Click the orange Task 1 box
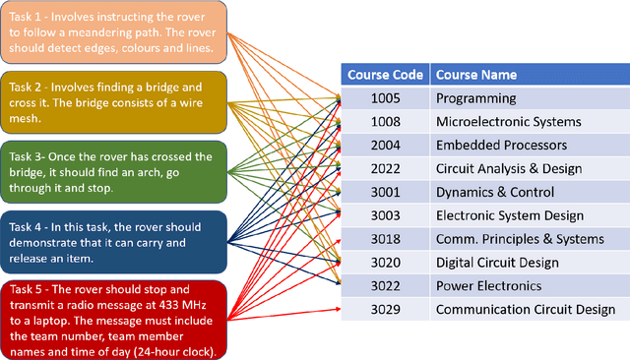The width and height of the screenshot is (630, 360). pos(114,32)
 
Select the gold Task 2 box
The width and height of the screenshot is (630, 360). pos(114,102)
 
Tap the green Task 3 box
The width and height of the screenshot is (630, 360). pos(114,172)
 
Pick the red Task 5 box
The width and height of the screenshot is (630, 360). pos(114,319)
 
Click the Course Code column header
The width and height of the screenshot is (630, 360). pos(386,75)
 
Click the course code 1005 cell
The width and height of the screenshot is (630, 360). pos(386,98)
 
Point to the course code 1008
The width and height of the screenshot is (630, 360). pos(386,122)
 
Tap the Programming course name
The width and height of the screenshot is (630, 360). pos(476,98)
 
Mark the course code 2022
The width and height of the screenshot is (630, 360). pos(386,169)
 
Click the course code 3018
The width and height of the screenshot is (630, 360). pos(386,239)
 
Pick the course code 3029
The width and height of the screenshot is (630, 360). pos(386,310)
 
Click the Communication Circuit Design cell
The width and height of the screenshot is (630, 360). pos(526,310)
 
